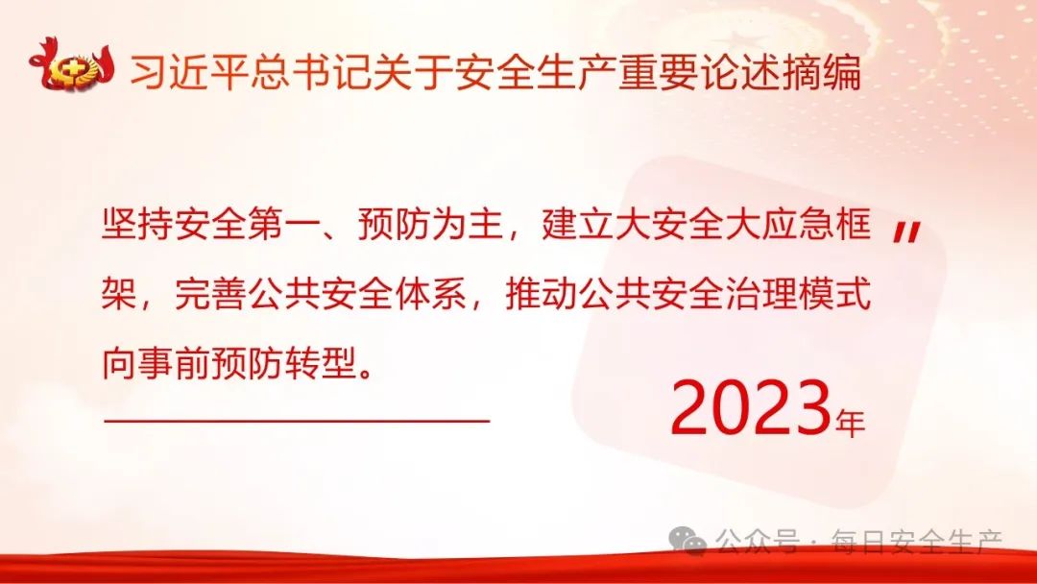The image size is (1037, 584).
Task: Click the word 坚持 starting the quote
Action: [137, 224]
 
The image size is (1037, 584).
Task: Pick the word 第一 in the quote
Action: [283, 224]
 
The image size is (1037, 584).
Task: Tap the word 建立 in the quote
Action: [577, 224]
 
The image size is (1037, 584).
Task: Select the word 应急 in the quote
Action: [797, 224]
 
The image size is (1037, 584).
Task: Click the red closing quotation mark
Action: [906, 232]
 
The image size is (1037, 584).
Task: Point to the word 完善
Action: [211, 294]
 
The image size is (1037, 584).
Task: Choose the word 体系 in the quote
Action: [430, 294]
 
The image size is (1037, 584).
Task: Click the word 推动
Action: [541, 294]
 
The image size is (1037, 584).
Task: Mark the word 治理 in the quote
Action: [760, 294]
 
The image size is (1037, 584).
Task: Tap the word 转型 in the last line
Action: [321, 364]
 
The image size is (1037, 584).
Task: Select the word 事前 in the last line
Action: [175, 364]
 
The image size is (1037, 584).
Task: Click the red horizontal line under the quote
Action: [297, 420]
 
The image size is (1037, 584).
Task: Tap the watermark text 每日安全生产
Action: [917, 541]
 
